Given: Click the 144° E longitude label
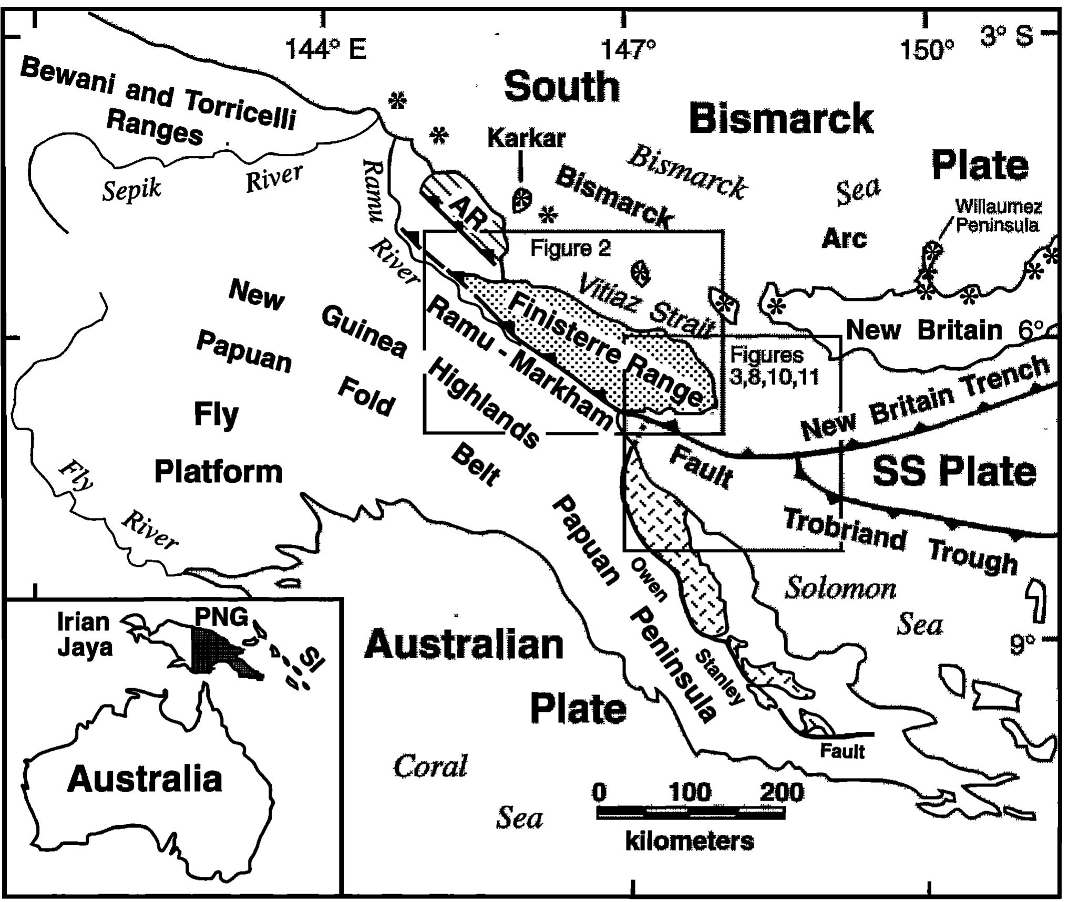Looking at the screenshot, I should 325,51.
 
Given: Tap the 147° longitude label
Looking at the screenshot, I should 629,51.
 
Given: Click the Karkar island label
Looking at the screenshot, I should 526,138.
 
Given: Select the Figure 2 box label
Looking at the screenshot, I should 570,248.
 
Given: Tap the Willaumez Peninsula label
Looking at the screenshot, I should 998,216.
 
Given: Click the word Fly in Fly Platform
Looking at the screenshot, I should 216,415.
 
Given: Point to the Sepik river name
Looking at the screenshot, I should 131,189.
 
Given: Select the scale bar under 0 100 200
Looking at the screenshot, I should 691,813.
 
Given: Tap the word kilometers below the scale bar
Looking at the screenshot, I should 690,842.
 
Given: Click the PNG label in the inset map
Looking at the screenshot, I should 221,618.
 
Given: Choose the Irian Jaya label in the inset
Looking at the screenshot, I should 84,635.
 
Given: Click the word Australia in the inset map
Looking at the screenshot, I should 145,779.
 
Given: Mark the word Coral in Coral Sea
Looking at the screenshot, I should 430,766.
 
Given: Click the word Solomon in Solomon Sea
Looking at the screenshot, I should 840,588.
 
